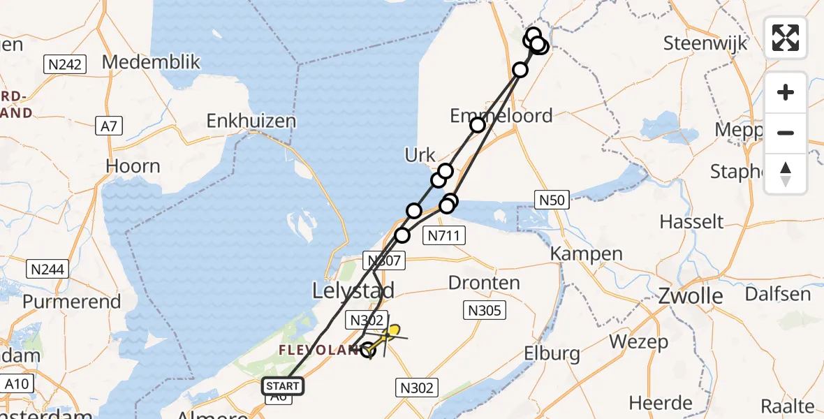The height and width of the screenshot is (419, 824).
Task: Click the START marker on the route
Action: tap(283, 386)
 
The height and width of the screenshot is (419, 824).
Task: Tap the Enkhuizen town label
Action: tap(251, 121)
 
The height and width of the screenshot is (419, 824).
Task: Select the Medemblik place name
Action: tap(151, 62)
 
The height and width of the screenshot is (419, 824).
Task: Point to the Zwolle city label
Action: tap(691, 296)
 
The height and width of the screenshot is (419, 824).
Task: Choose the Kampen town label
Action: tap(587, 253)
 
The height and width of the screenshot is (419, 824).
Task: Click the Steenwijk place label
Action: tap(705, 43)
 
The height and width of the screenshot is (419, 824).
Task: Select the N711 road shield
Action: tap(444, 235)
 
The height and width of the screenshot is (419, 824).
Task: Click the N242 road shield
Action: tap(65, 66)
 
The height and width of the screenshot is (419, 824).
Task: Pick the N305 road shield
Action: tap(485, 310)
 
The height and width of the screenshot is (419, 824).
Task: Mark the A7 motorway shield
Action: tap(109, 126)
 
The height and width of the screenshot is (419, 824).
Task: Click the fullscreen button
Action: tap(786, 37)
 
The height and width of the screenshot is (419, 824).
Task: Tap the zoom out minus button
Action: tap(786, 133)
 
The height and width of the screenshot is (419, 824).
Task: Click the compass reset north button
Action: tap(786, 173)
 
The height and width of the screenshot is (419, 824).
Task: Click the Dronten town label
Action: tap(484, 283)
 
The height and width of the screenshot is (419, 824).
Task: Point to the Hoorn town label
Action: tap(133, 166)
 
